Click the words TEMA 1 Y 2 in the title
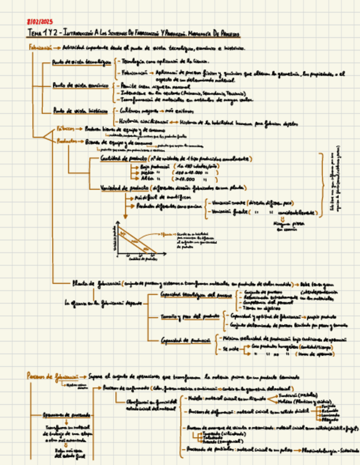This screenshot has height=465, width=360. click(x=43, y=33)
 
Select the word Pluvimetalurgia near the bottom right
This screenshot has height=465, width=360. click(x=321, y=451)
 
